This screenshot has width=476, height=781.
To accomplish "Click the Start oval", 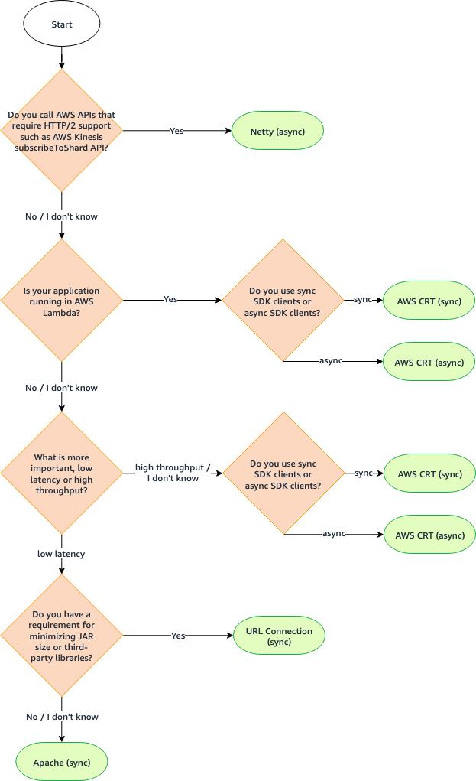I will click(62, 24).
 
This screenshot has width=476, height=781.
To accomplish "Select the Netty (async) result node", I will click(277, 132).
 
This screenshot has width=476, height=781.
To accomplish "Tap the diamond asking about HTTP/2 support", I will click(61, 131).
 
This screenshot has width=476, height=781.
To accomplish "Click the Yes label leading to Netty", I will click(176, 132).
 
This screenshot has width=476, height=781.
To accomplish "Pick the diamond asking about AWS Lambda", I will click(61, 300).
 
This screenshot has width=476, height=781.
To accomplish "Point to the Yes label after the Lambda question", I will click(170, 300).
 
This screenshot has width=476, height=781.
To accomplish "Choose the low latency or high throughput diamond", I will click(61, 473).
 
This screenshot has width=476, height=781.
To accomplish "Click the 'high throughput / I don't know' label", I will click(173, 473).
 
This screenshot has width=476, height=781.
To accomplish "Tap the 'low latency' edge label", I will click(61, 553).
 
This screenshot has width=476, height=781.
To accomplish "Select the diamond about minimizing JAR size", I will click(61, 636).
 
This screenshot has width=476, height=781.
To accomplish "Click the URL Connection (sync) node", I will click(279, 636).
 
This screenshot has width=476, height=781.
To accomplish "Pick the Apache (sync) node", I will click(62, 763).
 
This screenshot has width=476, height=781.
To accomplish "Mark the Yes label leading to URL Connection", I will click(178, 636).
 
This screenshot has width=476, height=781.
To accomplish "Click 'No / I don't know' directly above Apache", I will click(61, 717).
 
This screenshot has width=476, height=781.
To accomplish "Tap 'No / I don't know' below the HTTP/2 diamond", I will click(61, 216).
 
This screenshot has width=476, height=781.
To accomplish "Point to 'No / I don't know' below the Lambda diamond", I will click(61, 388).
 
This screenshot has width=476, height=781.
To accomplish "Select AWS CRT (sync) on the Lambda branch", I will click(429, 301).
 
